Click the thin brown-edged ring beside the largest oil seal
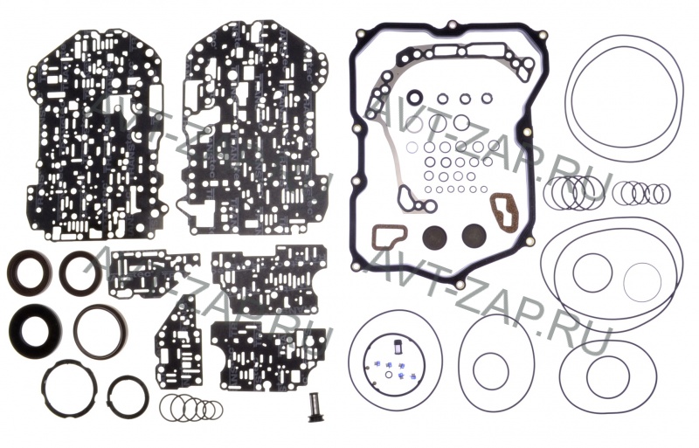[100, 331]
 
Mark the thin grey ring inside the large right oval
[643, 282]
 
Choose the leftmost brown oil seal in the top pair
[29, 272]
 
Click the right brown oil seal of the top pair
[80, 272]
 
